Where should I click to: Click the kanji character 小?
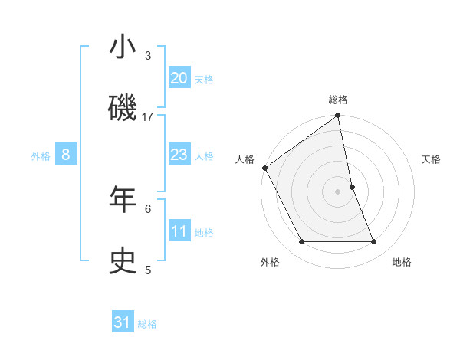click(123, 48)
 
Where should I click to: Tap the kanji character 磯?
click(123, 108)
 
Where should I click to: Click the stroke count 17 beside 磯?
click(148, 116)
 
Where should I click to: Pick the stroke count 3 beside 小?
click(148, 56)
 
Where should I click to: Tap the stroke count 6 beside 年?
click(148, 208)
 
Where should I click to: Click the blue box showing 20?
click(179, 78)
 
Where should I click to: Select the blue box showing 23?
click(179, 155)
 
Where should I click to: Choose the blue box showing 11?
click(179, 231)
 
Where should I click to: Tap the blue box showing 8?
click(66, 155)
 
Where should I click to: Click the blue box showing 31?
click(123, 323)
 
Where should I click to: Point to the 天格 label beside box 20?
click(203, 79)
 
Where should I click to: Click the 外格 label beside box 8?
click(41, 155)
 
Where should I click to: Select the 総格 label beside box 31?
click(147, 324)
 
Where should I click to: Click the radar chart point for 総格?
click(338, 116)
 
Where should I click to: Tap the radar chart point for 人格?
click(264, 168)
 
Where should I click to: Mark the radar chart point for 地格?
click(374, 242)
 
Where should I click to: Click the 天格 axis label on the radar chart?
click(431, 159)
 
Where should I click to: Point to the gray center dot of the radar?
click(338, 191)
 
